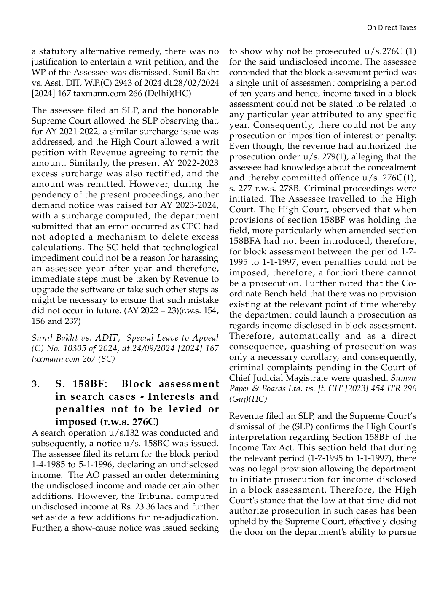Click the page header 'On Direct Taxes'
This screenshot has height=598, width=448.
click(392, 27)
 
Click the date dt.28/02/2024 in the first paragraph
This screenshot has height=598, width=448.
click(191, 83)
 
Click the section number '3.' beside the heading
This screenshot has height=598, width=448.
click(36, 384)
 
